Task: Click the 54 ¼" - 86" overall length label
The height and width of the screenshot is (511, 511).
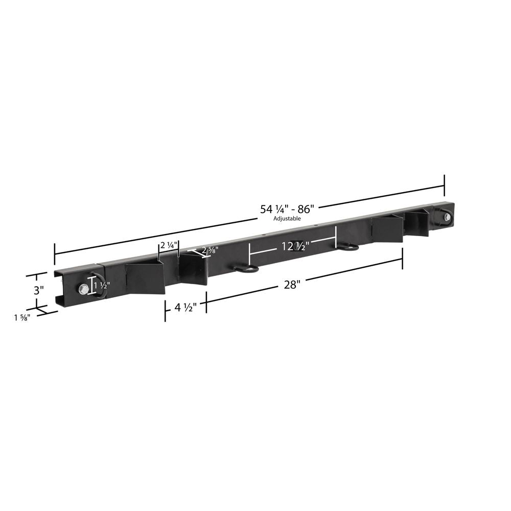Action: click(x=289, y=209)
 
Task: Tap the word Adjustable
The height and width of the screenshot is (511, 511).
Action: click(x=287, y=218)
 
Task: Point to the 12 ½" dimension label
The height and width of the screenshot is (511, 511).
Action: click(x=294, y=246)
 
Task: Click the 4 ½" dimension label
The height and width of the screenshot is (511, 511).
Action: click(x=185, y=308)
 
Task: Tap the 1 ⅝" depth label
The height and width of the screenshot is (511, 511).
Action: click(x=22, y=317)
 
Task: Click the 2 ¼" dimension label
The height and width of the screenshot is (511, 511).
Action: click(x=168, y=245)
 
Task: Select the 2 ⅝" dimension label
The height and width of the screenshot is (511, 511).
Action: click(x=209, y=250)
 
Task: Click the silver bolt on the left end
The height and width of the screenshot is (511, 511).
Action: click(x=83, y=289)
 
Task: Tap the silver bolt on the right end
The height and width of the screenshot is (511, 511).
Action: click(x=447, y=217)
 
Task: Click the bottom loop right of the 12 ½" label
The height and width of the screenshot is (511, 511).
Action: click(x=347, y=247)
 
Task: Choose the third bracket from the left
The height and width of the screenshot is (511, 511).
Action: click(x=387, y=229)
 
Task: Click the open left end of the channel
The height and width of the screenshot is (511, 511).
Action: click(x=60, y=291)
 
